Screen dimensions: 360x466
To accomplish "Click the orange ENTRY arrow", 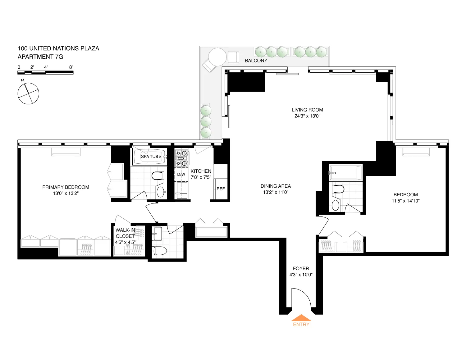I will pos(301,318).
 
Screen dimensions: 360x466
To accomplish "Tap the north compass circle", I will pos(28,93).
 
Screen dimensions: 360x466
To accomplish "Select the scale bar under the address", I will pos(45,73).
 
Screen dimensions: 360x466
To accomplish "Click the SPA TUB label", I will pos(149,157).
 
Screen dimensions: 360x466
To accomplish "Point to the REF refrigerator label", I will pos(221,189).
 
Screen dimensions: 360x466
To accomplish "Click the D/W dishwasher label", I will pos(181,174).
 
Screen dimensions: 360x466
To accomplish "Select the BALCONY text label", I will pos(256,61).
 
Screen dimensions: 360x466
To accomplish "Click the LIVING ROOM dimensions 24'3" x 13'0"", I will pos(307,116).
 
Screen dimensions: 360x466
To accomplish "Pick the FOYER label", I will pos(301,268).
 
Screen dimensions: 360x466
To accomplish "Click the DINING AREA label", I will pos(276,186).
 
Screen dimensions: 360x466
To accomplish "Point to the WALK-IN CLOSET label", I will pos(125,233).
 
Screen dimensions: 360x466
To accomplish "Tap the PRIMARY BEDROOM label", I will pos(66,187).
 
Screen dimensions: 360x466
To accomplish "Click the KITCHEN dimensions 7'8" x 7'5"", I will pos(201,177).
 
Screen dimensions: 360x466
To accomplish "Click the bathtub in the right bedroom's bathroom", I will pos(345,173).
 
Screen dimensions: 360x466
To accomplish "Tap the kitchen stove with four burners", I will pos(181,158).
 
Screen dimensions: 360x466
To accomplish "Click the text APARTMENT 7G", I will pos(40,57).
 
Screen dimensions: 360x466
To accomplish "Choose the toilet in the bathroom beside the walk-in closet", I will pos(159,250).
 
